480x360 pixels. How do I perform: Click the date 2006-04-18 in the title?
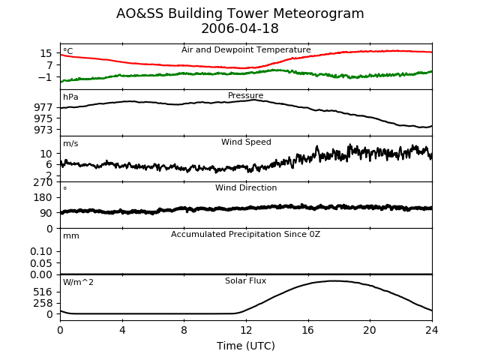pyautogui.click(x=240, y=28)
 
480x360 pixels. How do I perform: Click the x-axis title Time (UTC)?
pyautogui.click(x=246, y=346)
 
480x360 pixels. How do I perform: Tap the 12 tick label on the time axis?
pyautogui.click(x=246, y=330)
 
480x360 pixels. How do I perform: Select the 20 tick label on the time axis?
pyautogui.click(x=370, y=330)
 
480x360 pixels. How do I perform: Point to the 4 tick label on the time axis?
pyautogui.click(x=122, y=330)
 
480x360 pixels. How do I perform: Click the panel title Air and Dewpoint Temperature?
pyautogui.click(x=246, y=50)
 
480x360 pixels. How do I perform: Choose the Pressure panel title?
pyautogui.click(x=245, y=95)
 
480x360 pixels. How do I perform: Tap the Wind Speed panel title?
pyautogui.click(x=246, y=142)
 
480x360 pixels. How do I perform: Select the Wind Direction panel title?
pyautogui.click(x=246, y=187)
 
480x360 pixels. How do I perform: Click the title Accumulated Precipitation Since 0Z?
pyautogui.click(x=245, y=235)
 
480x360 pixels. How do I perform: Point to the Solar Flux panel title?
pyautogui.click(x=245, y=280)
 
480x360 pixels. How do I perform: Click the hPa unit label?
pyautogui.click(x=70, y=97)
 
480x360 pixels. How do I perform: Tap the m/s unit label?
pyautogui.click(x=70, y=143)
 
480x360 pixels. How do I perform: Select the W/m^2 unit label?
pyautogui.click(x=78, y=282)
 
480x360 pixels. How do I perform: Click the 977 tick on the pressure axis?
pyautogui.click(x=43, y=107)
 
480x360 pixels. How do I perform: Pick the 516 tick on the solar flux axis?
pyautogui.click(x=43, y=292)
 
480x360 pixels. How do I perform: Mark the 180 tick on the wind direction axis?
pyautogui.click(x=43, y=198)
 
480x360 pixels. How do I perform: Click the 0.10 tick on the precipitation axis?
pyautogui.click(x=41, y=252)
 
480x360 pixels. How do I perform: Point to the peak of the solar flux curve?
pyautogui.click(x=332, y=280)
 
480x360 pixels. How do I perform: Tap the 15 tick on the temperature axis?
pyautogui.click(x=46, y=53)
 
